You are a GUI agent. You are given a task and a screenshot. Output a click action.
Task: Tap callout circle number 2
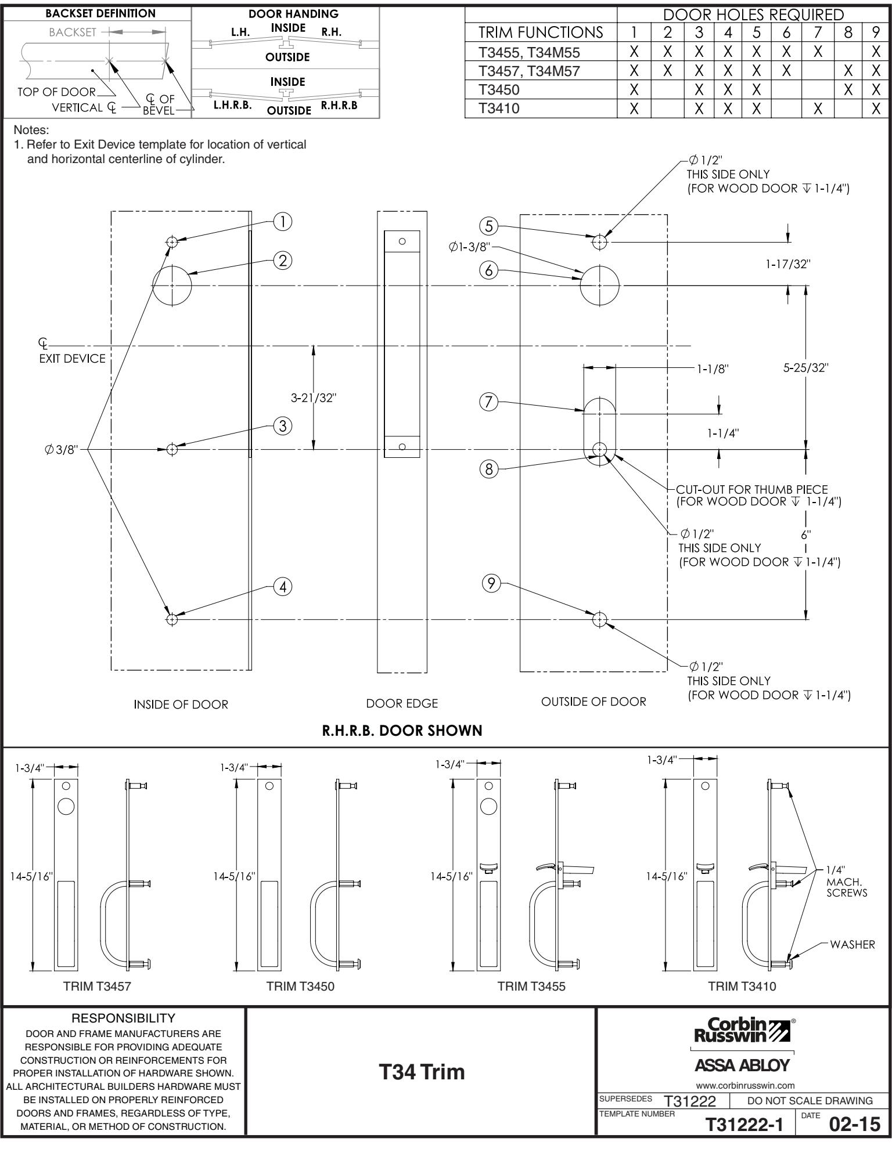(283, 261)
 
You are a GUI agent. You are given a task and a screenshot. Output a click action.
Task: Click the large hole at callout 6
(600, 286)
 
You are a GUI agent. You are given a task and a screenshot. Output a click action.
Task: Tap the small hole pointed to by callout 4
(171, 619)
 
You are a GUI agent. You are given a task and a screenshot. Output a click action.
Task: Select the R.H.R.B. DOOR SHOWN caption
(402, 731)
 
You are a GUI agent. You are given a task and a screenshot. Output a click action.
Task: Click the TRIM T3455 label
(531, 986)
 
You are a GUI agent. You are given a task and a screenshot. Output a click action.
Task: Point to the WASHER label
(852, 944)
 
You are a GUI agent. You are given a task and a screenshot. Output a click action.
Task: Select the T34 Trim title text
(422, 1072)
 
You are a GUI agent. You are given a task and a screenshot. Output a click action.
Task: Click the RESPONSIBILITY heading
(123, 1018)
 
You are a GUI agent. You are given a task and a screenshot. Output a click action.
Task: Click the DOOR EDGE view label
(402, 703)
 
